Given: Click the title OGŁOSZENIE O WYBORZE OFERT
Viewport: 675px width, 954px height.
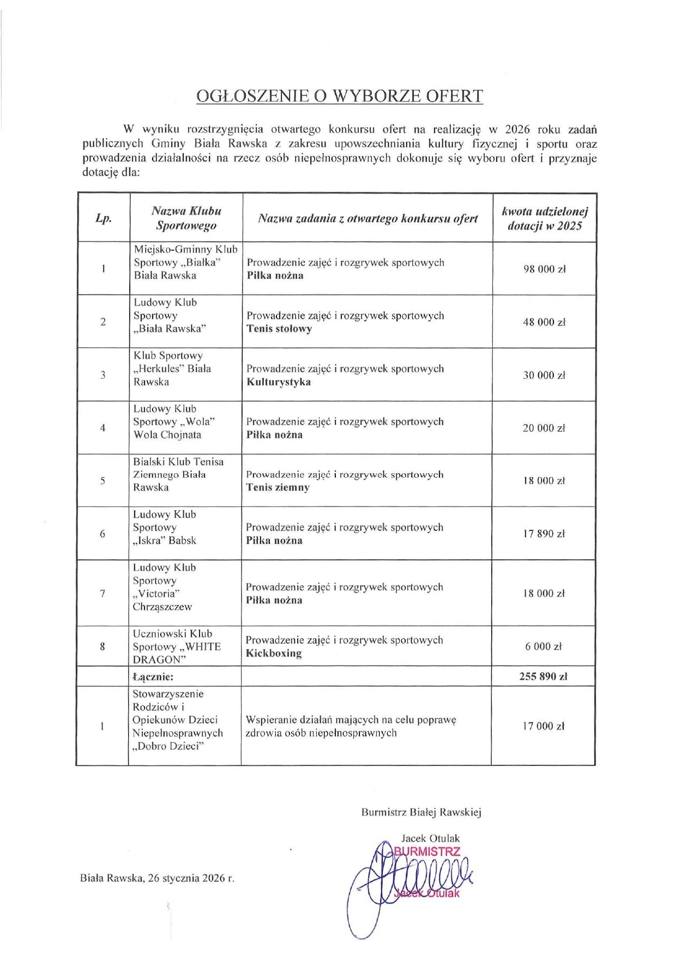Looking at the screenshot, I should coord(339,96).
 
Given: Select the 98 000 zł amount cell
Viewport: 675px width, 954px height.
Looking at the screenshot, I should coord(545,269).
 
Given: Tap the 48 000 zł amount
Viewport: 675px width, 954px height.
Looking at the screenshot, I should coord(544,322).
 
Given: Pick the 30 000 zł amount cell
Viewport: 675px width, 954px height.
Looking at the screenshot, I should coord(544,375).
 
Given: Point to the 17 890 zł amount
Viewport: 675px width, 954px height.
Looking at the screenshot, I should coord(544,534).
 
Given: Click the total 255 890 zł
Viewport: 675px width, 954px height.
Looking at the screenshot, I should coord(543,677).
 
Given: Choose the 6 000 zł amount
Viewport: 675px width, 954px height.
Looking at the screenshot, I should coord(543,647).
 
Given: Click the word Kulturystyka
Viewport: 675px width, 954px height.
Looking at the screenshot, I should coord(279,382).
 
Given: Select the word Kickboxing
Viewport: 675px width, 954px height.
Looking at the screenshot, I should coord(274,653).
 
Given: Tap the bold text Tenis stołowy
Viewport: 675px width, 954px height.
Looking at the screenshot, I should coord(279,329).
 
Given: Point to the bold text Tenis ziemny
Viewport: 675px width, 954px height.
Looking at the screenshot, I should coord(278,487).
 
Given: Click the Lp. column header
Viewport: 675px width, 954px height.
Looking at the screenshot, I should coord(104,218).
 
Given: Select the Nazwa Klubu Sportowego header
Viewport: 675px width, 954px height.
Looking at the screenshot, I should coord(186,218).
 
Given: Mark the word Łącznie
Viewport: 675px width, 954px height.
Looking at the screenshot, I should coord(153,677).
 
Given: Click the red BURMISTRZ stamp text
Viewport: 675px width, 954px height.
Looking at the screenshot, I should coord(427,852).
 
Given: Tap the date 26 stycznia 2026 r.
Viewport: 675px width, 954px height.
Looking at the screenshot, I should coord(190,878).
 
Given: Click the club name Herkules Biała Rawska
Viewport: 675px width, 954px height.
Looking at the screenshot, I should coord(172,369).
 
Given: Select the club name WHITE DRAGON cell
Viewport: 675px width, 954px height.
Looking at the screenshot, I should coord(177,647).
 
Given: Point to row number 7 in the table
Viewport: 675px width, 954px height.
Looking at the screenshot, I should coord(103,593).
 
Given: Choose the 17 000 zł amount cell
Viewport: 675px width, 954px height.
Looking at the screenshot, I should coord(543,726).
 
